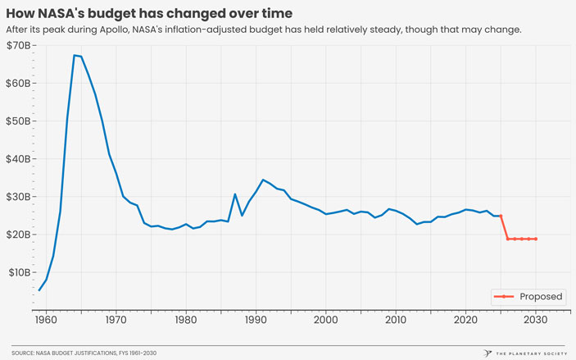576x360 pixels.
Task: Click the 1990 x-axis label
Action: pos(256,319)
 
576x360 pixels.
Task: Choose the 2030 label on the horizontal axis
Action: pos(536,319)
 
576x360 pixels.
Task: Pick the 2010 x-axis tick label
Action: pos(396,319)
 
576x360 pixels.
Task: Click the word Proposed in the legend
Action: pos(541,297)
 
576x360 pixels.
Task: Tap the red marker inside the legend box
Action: pos(504,297)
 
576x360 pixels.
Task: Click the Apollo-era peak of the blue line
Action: pos(75,55)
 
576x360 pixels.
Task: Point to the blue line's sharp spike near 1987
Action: pos(235,194)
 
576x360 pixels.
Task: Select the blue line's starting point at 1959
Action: pos(39,290)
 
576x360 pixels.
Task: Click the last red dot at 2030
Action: pos(536,239)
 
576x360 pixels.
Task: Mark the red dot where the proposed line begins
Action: pos(501,216)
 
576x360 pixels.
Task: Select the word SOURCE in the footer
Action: pos(27,352)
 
